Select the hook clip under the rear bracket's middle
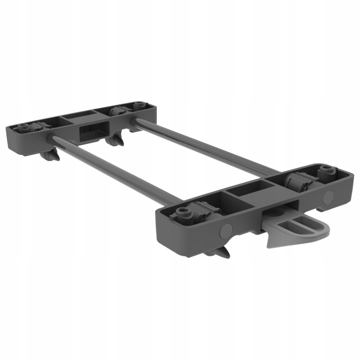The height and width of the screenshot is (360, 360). (x=116, y=140)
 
